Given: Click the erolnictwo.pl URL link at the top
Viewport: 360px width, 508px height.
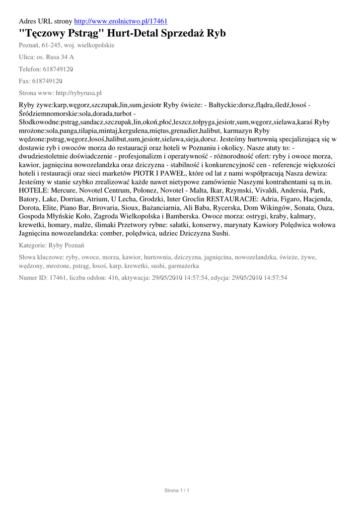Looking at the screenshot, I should [121, 21].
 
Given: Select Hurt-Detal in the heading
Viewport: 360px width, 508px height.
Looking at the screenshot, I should [134, 34].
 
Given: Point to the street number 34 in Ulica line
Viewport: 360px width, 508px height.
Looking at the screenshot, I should [64, 57].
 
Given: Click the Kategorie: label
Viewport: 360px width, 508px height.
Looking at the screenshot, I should [32, 246].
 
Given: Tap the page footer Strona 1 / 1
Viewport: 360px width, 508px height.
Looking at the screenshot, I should [177, 491].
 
